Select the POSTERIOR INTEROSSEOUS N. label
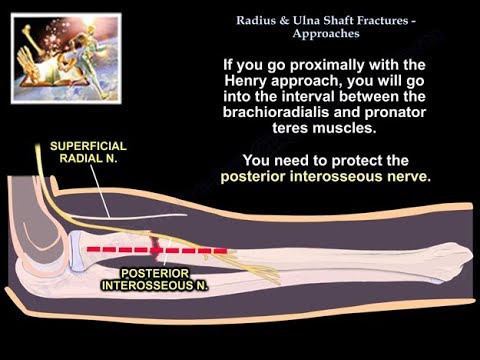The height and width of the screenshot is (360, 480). coord(152,277)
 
